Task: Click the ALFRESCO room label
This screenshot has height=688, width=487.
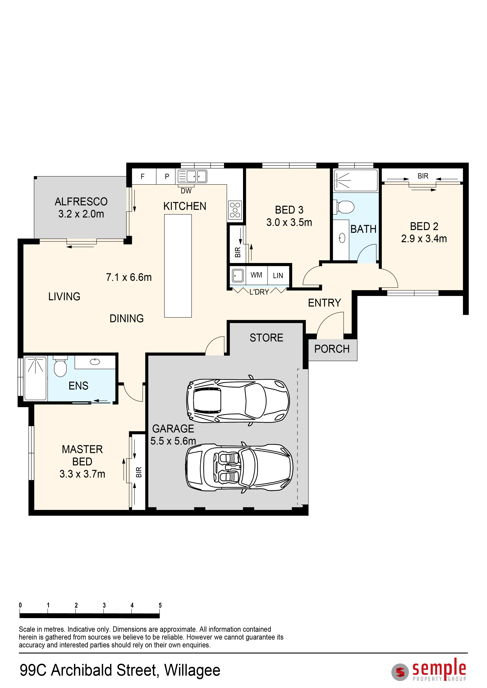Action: (81, 202)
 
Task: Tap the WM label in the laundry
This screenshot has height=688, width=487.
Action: (256, 275)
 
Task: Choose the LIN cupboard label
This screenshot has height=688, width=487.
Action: (278, 275)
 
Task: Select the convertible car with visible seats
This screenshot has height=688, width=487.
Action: (239, 467)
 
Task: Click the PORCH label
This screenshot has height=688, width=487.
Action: (332, 349)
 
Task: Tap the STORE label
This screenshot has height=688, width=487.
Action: (266, 338)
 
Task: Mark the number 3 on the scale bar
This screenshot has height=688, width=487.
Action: (104, 605)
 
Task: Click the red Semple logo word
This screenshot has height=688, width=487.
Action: (439, 668)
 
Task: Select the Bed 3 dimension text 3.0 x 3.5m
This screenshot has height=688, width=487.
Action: (289, 222)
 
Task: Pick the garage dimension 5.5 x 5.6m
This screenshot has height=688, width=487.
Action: (173, 441)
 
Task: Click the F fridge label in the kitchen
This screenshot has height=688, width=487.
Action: (143, 177)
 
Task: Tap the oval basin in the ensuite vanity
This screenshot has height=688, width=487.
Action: (95, 362)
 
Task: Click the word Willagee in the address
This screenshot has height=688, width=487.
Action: (192, 671)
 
